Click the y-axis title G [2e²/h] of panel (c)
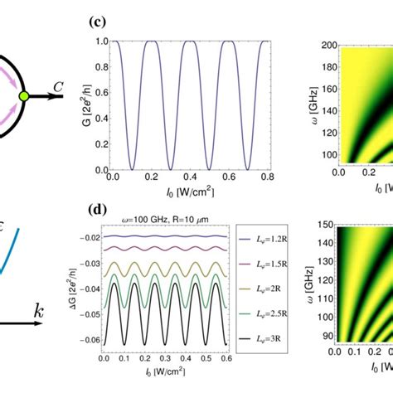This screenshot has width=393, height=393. [x=85, y=93]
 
